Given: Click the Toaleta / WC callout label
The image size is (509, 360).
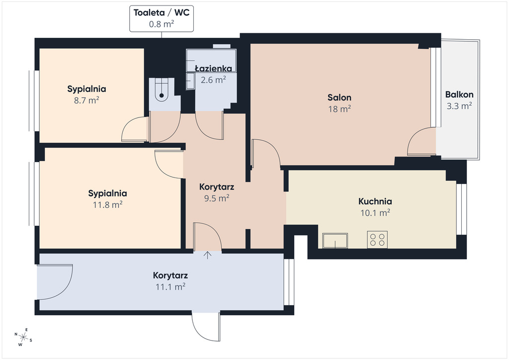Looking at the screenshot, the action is pyautogui.click(x=162, y=13).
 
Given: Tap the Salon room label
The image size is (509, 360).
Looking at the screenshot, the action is pyautogui.click(x=339, y=97).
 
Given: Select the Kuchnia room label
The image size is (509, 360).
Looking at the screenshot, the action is pyautogui.click(x=375, y=201).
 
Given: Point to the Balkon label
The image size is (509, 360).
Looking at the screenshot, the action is pyautogui.click(x=459, y=94).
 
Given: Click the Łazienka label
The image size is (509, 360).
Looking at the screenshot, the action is pyautogui.click(x=213, y=69).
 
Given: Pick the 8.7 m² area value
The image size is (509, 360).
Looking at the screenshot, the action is pyautogui.click(x=86, y=100).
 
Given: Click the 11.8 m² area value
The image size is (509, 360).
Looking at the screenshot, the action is pyautogui.click(x=107, y=204).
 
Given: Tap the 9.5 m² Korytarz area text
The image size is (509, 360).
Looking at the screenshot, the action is pyautogui.click(x=217, y=198).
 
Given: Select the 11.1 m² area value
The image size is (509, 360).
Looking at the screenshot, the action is pyautogui.click(x=170, y=286).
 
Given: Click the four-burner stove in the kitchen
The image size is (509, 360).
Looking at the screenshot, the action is pyautogui.click(x=377, y=240).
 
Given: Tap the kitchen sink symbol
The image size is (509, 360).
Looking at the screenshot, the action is pyautogui.click(x=335, y=241).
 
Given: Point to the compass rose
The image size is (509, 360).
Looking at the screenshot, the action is pyautogui.click(x=23, y=337).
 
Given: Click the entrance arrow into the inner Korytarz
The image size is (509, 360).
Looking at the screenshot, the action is pyautogui.click(x=207, y=255).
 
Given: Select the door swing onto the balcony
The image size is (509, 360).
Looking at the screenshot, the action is pyautogui.click(x=422, y=141).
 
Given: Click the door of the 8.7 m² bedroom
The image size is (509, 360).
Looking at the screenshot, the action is pyautogui.click(x=135, y=129).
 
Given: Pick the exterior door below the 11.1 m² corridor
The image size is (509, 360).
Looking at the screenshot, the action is pyautogui.click(x=206, y=326).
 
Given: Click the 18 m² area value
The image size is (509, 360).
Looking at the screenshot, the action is pyautogui.click(x=339, y=109).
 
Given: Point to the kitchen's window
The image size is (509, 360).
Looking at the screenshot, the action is pyautogui.click(x=462, y=209).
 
